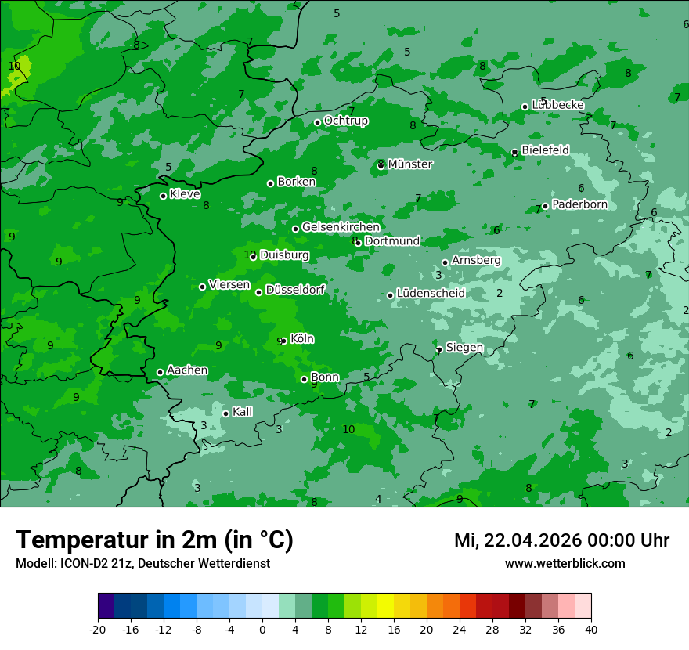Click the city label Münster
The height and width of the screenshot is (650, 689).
(x=409, y=164)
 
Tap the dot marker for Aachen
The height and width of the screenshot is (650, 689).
(x=160, y=373)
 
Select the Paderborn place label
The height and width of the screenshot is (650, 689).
(x=579, y=204)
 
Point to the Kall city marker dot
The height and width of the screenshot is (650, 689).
(x=225, y=413)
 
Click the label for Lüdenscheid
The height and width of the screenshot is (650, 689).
(x=431, y=294)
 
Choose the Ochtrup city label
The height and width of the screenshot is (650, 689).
(x=345, y=121)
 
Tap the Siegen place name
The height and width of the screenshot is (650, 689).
(x=464, y=348)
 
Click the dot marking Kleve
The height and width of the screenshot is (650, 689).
(x=163, y=196)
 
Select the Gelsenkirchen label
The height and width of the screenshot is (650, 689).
(x=341, y=227)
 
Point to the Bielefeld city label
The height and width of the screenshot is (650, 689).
(x=545, y=150)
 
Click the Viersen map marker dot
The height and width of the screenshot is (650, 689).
(x=202, y=287)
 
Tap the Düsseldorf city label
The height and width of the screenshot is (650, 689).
(x=295, y=290)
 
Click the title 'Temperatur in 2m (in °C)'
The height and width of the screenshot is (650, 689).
(x=154, y=540)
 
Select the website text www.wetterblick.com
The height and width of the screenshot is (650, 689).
(x=565, y=564)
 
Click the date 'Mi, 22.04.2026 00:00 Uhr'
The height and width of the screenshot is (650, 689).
(x=561, y=540)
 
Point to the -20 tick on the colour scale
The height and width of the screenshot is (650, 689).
(x=98, y=629)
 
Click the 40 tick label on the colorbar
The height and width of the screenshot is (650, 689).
(x=591, y=629)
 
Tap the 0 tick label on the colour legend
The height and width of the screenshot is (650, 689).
(x=262, y=629)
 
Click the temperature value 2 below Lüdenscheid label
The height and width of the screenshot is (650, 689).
(x=500, y=294)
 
